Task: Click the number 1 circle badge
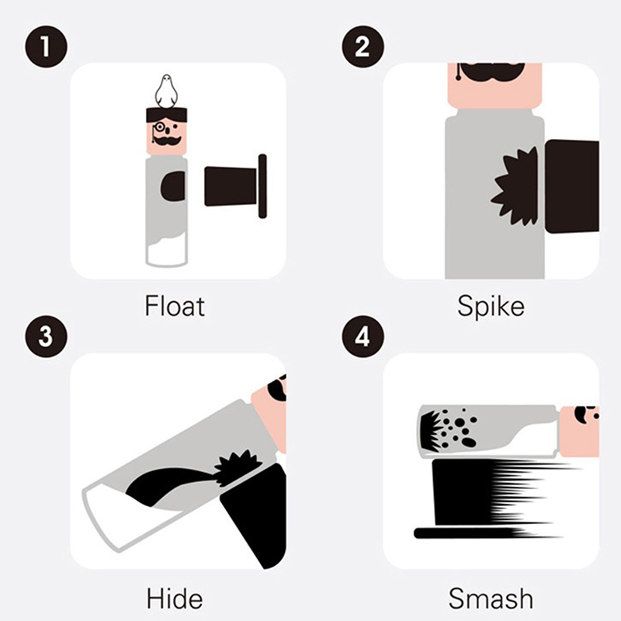47,47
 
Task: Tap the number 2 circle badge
363,47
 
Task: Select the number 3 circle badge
47,336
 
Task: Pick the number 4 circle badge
363,336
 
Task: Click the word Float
175,306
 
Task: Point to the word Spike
491,306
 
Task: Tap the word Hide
175,598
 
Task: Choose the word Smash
491,598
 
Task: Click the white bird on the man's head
166,91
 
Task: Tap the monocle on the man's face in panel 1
160,127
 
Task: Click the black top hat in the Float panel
236,186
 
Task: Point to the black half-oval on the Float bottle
172,186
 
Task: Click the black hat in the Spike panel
572,186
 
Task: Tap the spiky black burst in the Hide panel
238,467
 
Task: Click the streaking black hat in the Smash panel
487,499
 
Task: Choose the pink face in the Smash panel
579,432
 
